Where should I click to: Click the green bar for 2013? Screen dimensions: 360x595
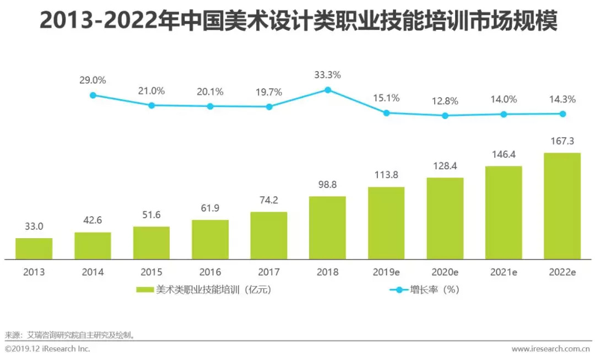click(x=34, y=249)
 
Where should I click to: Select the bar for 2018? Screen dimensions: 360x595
click(x=327, y=228)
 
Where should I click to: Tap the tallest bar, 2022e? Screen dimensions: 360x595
click(x=562, y=206)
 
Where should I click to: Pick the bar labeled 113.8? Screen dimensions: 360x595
click(x=386, y=223)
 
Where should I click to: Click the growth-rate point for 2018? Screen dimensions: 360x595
click(x=328, y=89)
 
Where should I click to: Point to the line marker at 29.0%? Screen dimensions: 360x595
click(x=93, y=95)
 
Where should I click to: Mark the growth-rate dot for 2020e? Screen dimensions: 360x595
click(x=445, y=116)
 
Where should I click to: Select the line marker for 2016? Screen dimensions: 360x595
click(x=210, y=106)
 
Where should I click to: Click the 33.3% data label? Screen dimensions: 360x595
click(x=328, y=74)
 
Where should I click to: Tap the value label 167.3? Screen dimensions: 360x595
click(x=562, y=142)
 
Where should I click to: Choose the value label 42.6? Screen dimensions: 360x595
click(x=93, y=222)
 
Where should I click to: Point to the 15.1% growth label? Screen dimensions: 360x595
click(x=386, y=99)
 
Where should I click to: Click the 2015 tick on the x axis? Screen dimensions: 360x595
click(x=152, y=272)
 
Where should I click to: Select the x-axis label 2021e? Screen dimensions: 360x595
click(x=504, y=272)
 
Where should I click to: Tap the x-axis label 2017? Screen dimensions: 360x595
click(x=269, y=272)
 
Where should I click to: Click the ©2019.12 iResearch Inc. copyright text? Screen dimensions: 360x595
click(x=47, y=349)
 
